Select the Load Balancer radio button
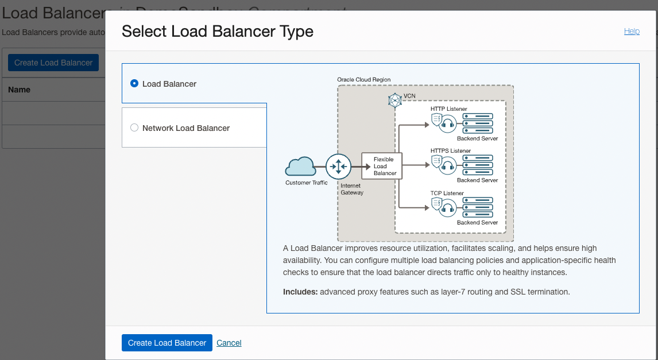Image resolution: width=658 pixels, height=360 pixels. [134, 84]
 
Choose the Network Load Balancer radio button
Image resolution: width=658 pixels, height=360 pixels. [134, 128]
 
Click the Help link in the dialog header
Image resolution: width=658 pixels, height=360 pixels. [632, 32]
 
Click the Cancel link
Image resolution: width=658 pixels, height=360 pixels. [229, 343]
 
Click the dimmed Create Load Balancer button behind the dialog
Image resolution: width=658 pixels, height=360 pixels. [53, 63]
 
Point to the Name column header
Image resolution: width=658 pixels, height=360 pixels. [20, 90]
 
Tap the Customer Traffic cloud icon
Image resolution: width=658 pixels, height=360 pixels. [300, 167]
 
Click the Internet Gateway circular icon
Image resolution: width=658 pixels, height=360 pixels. [338, 167]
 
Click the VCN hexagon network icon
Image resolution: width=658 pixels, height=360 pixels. [395, 100]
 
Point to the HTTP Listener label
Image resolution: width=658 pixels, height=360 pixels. [448, 109]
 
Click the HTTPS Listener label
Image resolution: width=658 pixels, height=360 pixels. [450, 151]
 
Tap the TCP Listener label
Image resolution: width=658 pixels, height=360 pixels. [447, 193]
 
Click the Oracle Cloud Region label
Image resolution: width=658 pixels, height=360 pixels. [363, 79]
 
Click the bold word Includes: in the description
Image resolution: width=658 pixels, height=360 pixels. [300, 292]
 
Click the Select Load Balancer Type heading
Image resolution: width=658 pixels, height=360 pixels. [218, 31]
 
